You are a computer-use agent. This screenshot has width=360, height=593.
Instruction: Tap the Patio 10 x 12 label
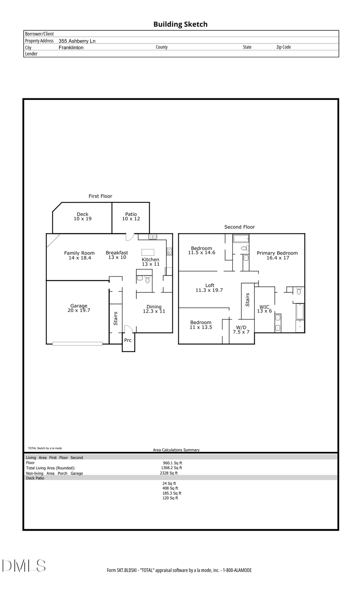[131, 216]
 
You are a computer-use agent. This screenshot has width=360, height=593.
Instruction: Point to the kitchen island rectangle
[148, 252]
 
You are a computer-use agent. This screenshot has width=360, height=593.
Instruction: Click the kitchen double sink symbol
[152, 237]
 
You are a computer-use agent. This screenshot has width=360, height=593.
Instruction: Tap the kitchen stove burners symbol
[169, 251]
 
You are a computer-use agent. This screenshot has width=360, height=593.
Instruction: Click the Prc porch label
[128, 340]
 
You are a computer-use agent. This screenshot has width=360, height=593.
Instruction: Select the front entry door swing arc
[128, 329]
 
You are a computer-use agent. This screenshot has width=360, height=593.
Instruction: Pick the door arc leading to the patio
[130, 237]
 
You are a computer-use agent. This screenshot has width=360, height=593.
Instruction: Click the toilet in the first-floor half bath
[147, 279]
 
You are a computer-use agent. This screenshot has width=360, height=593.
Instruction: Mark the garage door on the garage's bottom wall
[77, 343]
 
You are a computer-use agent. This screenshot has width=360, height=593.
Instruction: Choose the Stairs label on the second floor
[248, 299]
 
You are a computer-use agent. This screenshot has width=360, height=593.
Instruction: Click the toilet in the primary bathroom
[299, 291]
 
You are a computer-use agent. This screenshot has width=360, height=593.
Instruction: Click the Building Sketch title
[180, 24]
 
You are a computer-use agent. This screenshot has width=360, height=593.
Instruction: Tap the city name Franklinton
[71, 48]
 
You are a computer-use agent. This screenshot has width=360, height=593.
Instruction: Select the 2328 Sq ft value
[169, 473]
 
